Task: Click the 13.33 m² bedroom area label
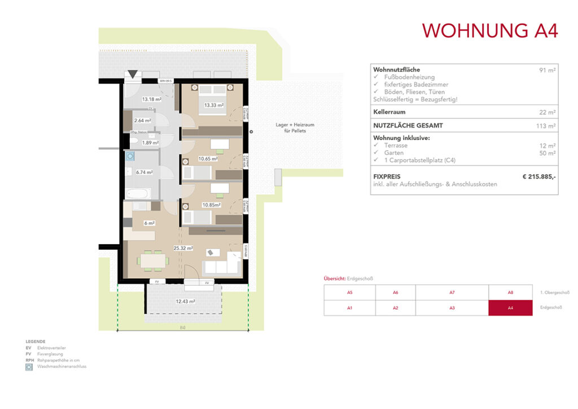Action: click(x=214, y=105)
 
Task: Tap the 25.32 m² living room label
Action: click(x=184, y=247)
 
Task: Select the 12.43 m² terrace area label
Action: click(x=185, y=302)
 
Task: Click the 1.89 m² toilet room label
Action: click(x=151, y=142)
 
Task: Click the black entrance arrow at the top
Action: click(x=132, y=74)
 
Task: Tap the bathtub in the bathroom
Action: click(x=138, y=194)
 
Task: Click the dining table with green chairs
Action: click(x=153, y=260)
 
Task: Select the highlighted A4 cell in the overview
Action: click(x=510, y=308)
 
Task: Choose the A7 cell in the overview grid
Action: click(x=452, y=293)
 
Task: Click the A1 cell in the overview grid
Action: click(x=349, y=308)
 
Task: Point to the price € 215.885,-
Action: click(x=539, y=177)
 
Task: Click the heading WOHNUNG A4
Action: click(x=490, y=31)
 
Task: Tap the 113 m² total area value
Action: click(x=546, y=126)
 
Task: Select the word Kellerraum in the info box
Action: click(x=391, y=112)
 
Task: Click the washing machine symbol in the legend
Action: click(x=29, y=367)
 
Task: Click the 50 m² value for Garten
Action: click(x=548, y=153)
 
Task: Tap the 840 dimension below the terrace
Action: click(x=182, y=328)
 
